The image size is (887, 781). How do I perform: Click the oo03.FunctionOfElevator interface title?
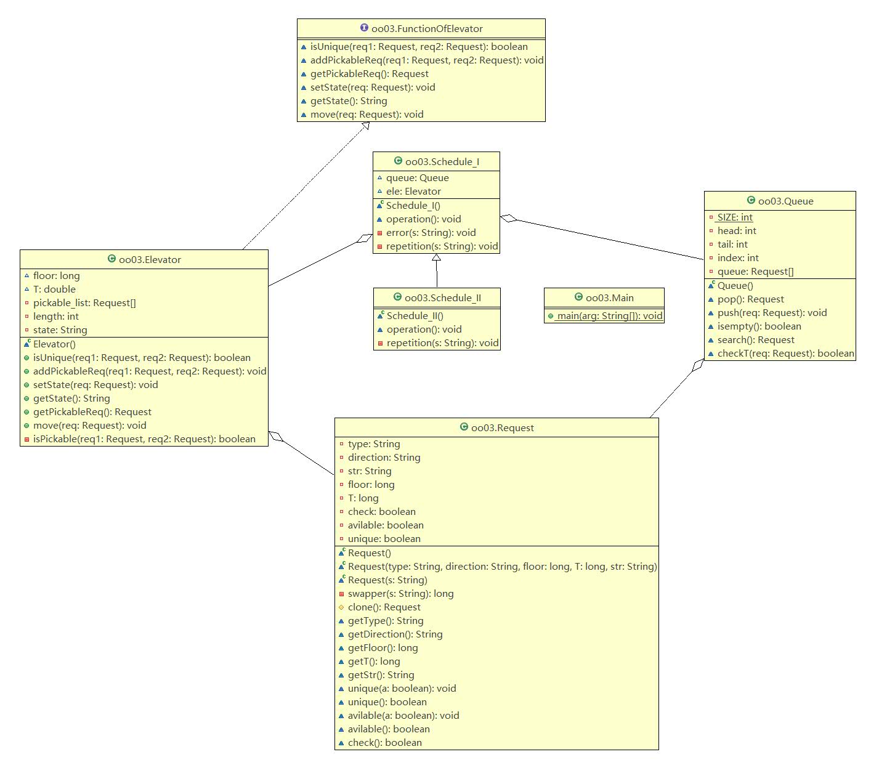click(427, 29)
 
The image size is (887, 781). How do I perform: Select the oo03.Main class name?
click(609, 298)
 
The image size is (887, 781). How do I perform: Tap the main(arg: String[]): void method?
click(609, 316)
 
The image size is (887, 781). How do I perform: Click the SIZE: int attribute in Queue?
click(735, 217)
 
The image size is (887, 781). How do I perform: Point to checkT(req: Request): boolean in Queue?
click(785, 354)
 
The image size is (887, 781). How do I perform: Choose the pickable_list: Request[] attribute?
click(84, 303)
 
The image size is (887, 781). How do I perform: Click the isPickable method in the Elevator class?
click(144, 439)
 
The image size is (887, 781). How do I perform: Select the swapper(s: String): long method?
click(400, 594)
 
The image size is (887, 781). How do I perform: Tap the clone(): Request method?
click(384, 607)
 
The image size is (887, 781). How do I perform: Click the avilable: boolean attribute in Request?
click(386, 525)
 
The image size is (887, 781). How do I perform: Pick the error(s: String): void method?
click(431, 233)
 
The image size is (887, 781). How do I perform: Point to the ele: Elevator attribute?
click(413, 192)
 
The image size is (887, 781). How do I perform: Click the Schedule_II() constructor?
click(415, 316)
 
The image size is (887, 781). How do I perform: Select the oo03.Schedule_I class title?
click(442, 162)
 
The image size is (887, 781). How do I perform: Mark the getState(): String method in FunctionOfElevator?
click(349, 101)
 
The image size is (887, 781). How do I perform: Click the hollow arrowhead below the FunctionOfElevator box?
click(365, 126)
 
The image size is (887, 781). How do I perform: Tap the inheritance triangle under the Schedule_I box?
click(436, 258)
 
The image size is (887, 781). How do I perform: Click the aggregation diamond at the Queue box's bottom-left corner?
click(698, 365)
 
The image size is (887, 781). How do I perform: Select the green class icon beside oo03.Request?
click(464, 427)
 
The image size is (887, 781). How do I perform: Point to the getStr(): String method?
click(381, 675)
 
